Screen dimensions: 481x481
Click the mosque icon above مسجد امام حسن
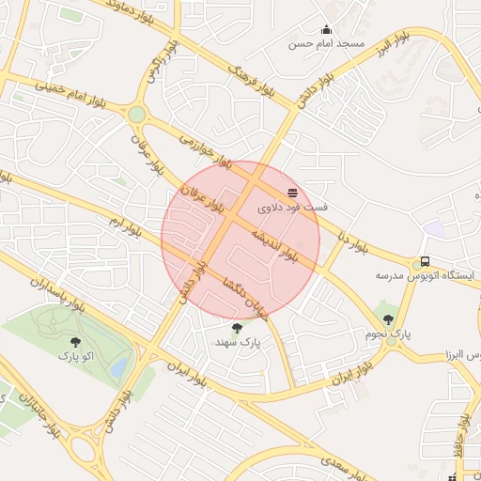tap(326, 29)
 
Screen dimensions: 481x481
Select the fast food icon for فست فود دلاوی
tap(291, 192)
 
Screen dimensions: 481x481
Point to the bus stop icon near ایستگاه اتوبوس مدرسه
tap(425, 262)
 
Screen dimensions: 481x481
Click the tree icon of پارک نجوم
tap(389, 319)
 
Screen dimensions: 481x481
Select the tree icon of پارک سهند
tap(236, 328)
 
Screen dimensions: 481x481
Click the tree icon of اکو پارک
tap(76, 343)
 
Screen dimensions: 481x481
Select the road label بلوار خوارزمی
tap(205, 151)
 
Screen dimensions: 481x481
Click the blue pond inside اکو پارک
tap(117, 368)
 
